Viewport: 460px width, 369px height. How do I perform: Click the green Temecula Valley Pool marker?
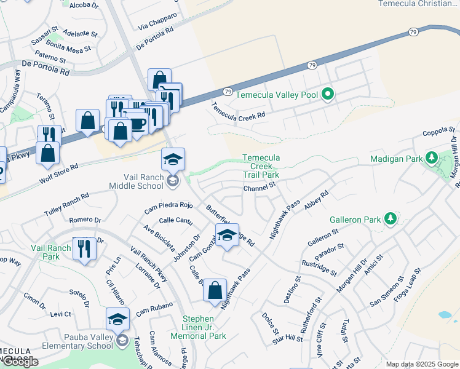pyautogui.click(x=328, y=94)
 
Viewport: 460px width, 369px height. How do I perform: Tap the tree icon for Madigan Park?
pyautogui.click(x=432, y=158)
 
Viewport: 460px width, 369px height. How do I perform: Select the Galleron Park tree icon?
pyautogui.click(x=389, y=218)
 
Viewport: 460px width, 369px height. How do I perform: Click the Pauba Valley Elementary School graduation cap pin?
pyautogui.click(x=117, y=319)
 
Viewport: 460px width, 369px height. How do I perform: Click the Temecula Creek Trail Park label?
pyautogui.click(x=261, y=166)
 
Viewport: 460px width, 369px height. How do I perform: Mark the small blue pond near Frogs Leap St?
pyautogui.click(x=444, y=314)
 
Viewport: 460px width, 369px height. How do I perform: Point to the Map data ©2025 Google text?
pyautogui.click(x=421, y=364)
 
